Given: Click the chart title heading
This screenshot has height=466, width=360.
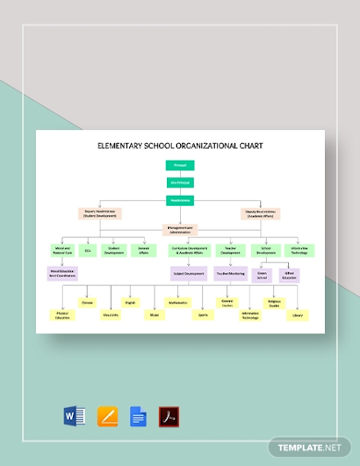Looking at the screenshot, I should pyautogui.click(x=180, y=145).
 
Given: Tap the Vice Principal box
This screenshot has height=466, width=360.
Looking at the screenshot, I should pyautogui.click(x=179, y=182).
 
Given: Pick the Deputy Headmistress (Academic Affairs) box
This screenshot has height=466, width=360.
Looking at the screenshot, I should pyautogui.click(x=260, y=213).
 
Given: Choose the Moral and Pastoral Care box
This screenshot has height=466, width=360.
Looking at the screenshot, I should pyautogui.click(x=62, y=249).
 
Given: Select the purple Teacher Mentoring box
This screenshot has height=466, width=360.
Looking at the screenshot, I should pyautogui.click(x=229, y=273).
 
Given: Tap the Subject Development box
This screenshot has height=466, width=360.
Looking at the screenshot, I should pyautogui.click(x=186, y=273).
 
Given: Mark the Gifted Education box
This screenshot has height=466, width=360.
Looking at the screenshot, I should pyautogui.click(x=289, y=275).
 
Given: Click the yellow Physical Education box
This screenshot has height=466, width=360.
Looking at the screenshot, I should pyautogui.click(x=62, y=316).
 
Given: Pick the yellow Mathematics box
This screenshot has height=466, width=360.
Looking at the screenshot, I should pyautogui.click(x=176, y=302).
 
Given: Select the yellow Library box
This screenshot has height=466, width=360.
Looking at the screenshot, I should pyautogui.click(x=296, y=315).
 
